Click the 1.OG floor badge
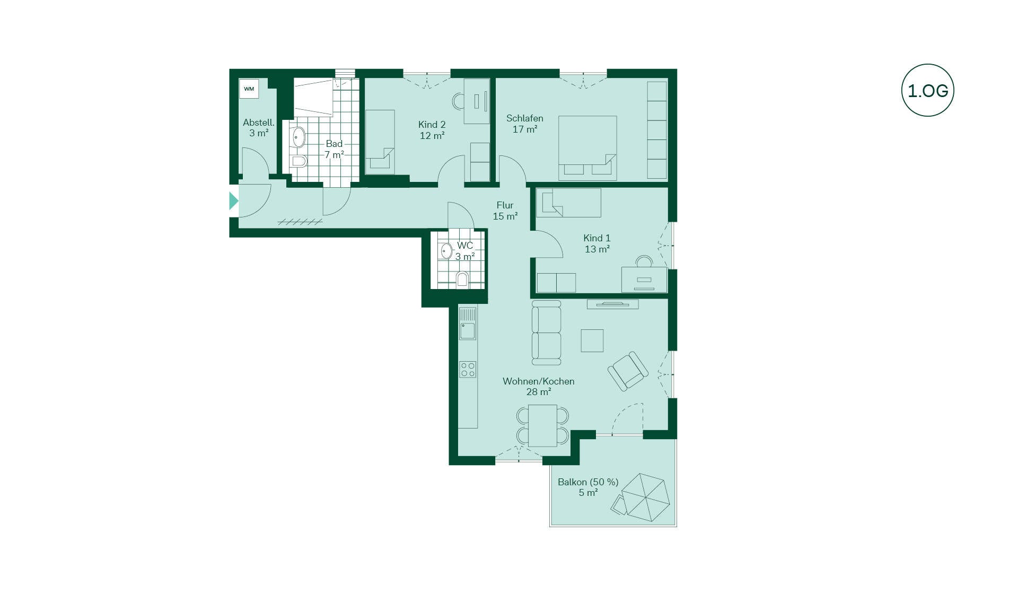tap(927, 90)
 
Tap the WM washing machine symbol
tap(249, 89)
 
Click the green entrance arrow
tap(233, 201)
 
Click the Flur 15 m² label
tap(505, 211)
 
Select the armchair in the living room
tap(628, 371)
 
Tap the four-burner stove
tap(468, 369)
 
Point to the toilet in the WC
tap(462, 279)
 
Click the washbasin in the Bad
tap(299, 137)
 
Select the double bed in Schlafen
tap(587, 148)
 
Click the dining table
tap(542, 425)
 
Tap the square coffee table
tap(592, 340)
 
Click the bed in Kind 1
tap(568, 203)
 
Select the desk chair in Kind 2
tap(458, 101)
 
